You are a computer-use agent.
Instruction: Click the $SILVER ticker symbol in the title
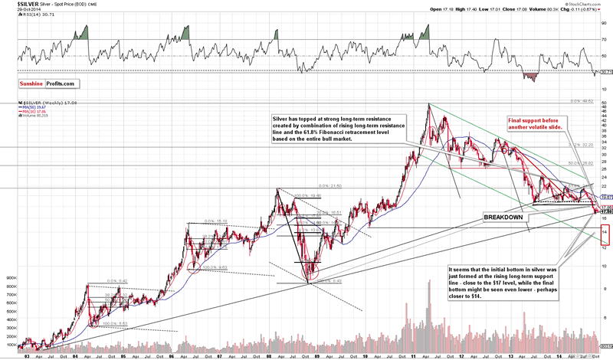tap(15, 5)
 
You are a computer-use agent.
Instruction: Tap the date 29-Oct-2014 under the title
tap(15, 11)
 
